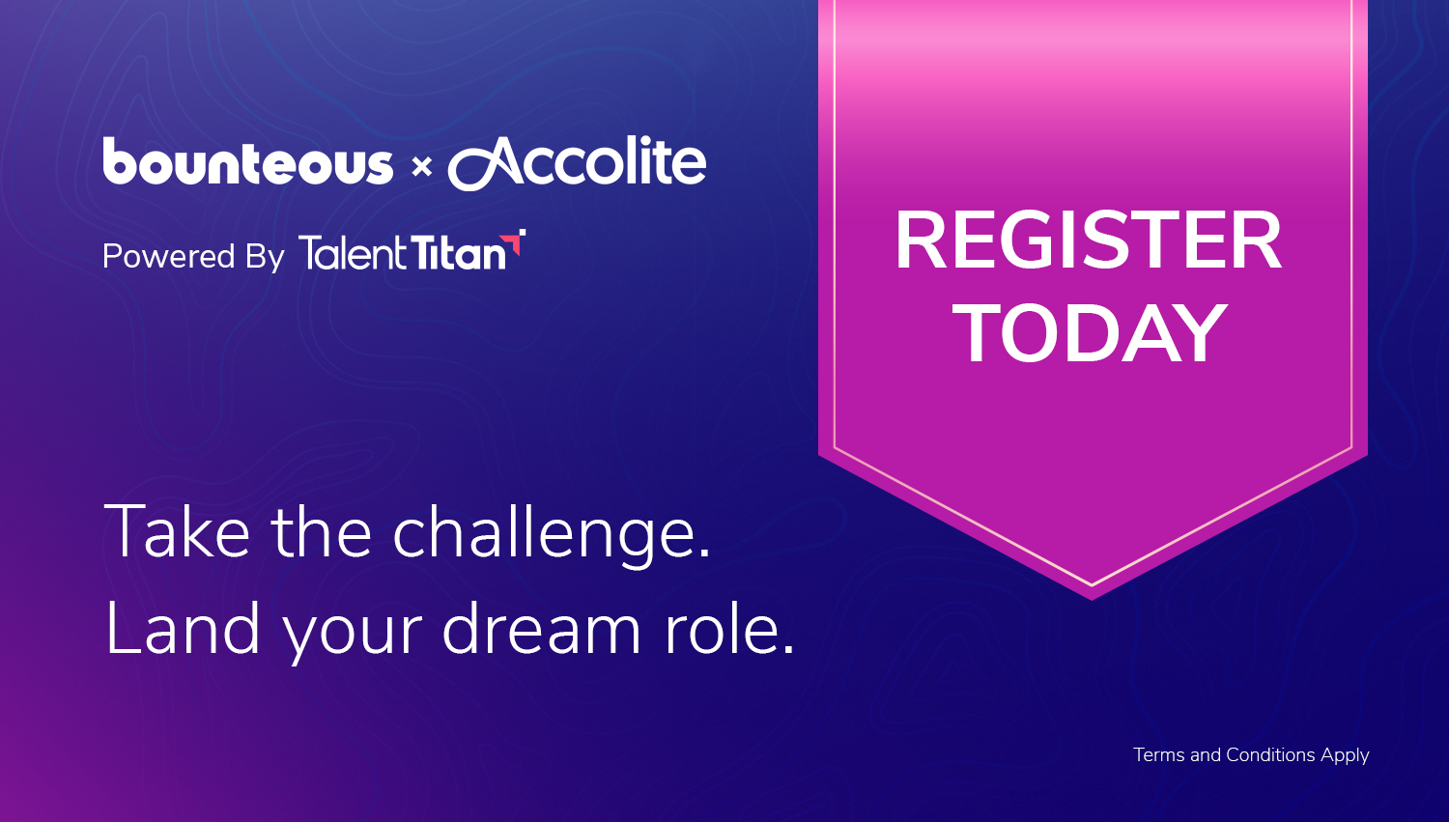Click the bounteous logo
pyautogui.click(x=247, y=160)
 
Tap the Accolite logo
pyautogui.click(x=577, y=163)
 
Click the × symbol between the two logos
pyautogui.click(x=422, y=167)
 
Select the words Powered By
pyautogui.click(x=193, y=257)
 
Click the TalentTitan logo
pyautogui.click(x=412, y=251)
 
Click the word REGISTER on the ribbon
pyautogui.click(x=1088, y=241)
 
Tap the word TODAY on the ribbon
pyautogui.click(x=1090, y=334)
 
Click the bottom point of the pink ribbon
pyautogui.click(x=1092, y=600)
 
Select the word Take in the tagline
pyautogui.click(x=177, y=532)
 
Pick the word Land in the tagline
pyautogui.click(x=183, y=628)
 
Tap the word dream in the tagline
pyautogui.click(x=541, y=628)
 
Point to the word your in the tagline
pyautogui.click(x=354, y=638)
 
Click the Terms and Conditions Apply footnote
pyautogui.click(x=1251, y=755)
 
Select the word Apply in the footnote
pyautogui.click(x=1345, y=756)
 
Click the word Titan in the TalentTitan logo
pyautogui.click(x=459, y=252)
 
